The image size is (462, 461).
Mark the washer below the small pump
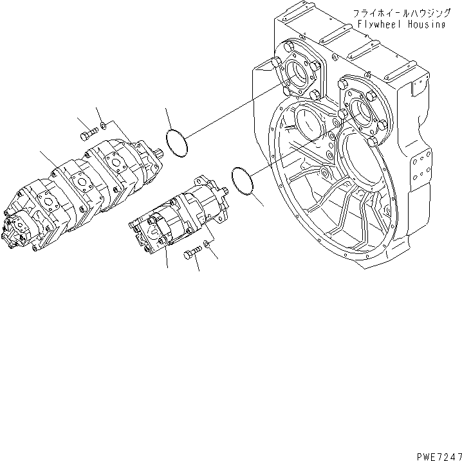coord(206,244)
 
